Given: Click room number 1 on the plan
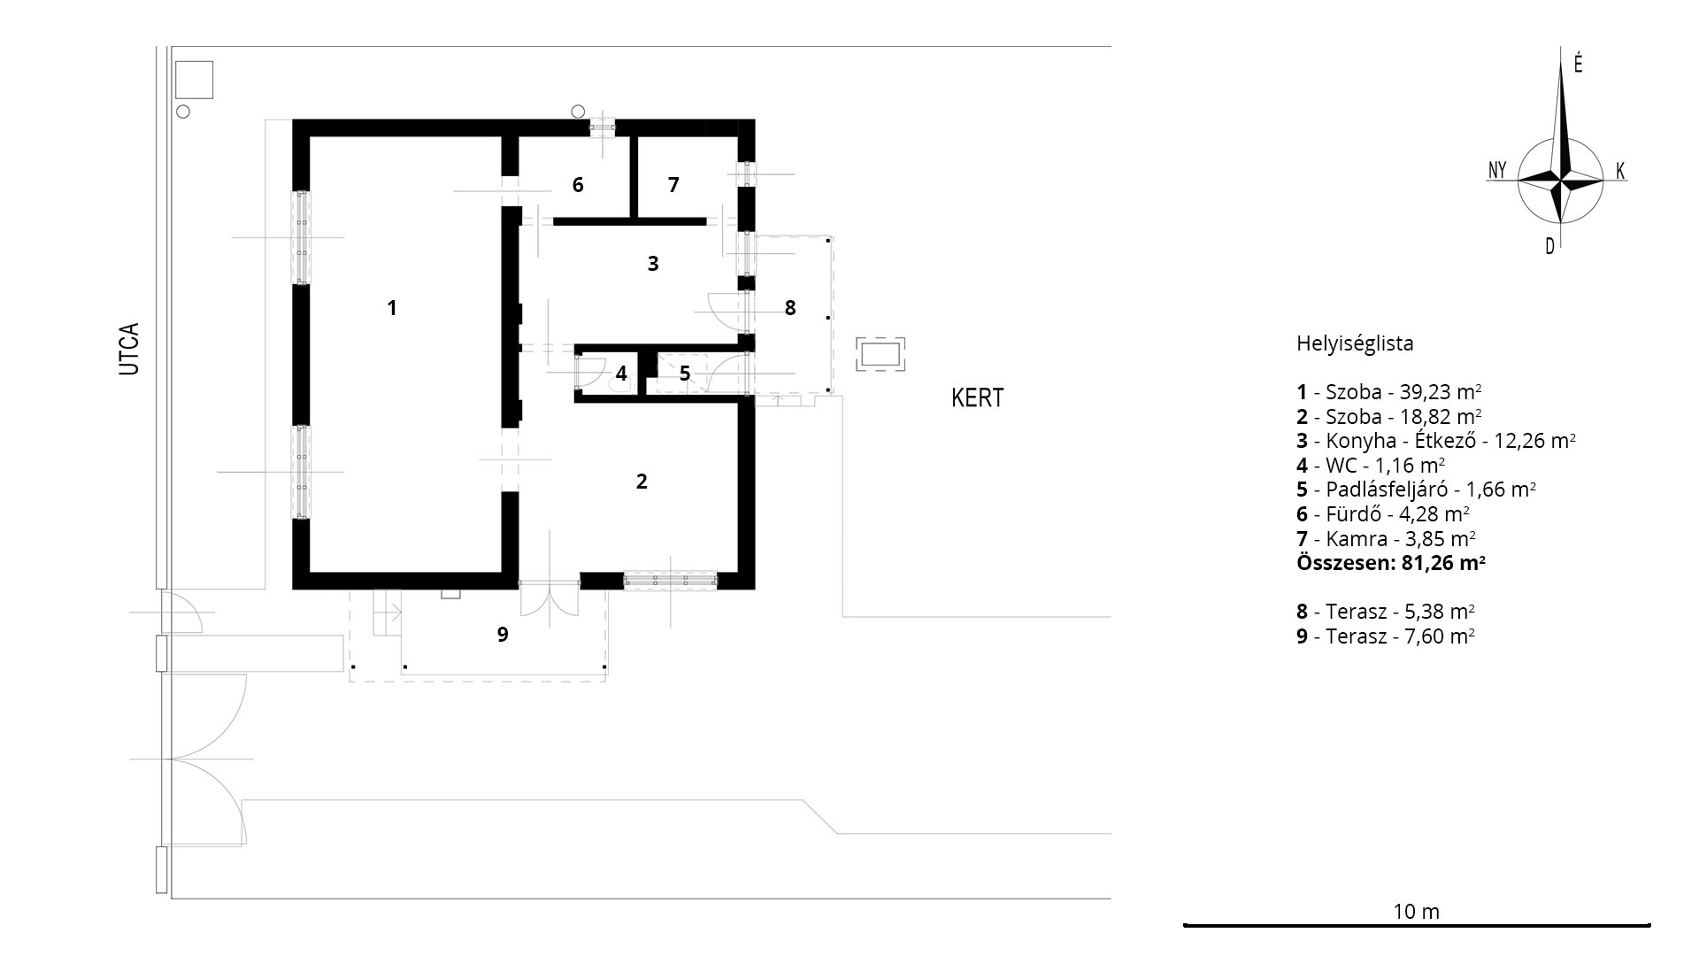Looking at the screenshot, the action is pyautogui.click(x=392, y=308).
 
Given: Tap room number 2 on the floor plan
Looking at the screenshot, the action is pyautogui.click(x=642, y=482).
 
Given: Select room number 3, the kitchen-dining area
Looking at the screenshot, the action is pyautogui.click(x=653, y=264).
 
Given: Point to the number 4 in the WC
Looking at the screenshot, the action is pyautogui.click(x=621, y=374).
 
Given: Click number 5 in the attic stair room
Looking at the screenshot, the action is pyautogui.click(x=685, y=374).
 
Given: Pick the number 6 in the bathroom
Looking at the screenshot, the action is pyautogui.click(x=578, y=185).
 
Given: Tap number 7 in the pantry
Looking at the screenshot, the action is pyautogui.click(x=673, y=185).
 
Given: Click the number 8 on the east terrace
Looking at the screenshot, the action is pyautogui.click(x=790, y=308).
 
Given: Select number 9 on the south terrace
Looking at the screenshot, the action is pyautogui.click(x=503, y=635).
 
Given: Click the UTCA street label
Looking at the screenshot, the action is pyautogui.click(x=129, y=349).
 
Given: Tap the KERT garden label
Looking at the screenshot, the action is pyautogui.click(x=978, y=398).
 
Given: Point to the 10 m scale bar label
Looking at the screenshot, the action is pyautogui.click(x=1417, y=912).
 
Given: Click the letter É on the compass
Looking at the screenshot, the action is pyautogui.click(x=1578, y=64).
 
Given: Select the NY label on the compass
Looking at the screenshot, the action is pyautogui.click(x=1497, y=170).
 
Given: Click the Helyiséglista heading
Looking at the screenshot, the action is pyautogui.click(x=1355, y=343).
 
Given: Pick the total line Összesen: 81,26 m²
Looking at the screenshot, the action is pyautogui.click(x=1390, y=563).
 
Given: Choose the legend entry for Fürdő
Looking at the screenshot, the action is pyautogui.click(x=1383, y=514).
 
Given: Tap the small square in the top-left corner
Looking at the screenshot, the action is pyautogui.click(x=195, y=80).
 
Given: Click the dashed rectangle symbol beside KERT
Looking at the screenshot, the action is pyautogui.click(x=880, y=355).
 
